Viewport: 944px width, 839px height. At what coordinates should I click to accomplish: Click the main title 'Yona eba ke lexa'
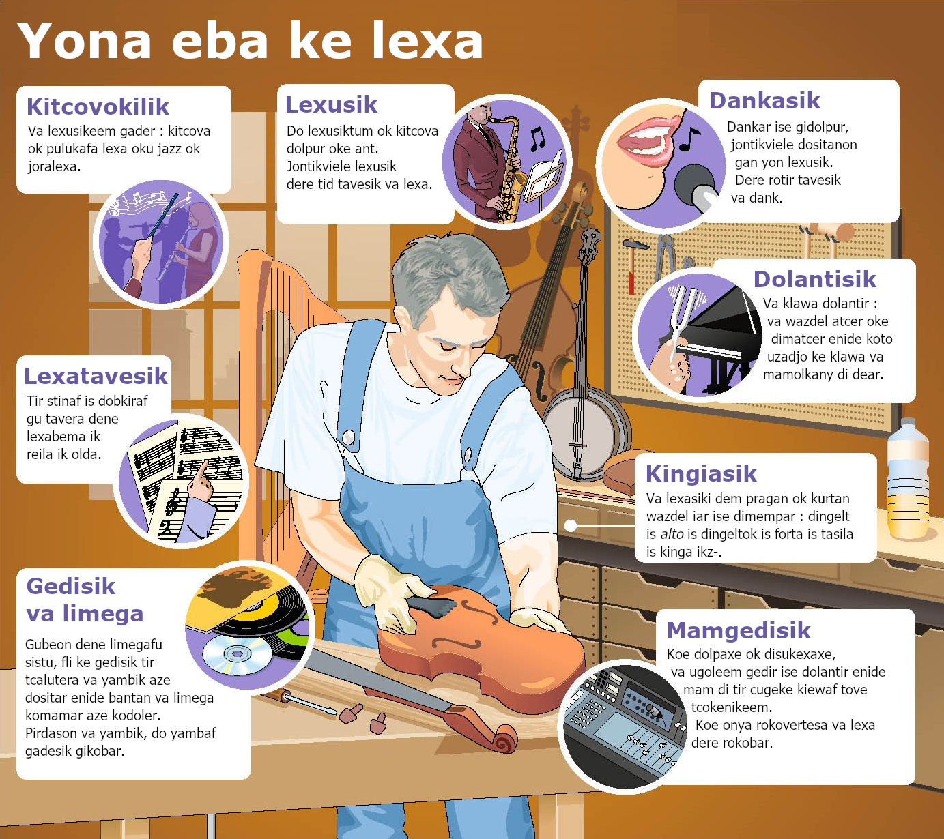(x=251, y=42)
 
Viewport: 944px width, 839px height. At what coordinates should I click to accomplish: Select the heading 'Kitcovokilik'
(x=98, y=106)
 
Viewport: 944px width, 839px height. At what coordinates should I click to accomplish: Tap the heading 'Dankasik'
(x=764, y=100)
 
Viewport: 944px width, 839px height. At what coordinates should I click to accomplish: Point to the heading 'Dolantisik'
(x=814, y=280)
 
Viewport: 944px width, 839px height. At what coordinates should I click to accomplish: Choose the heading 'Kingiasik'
(x=701, y=474)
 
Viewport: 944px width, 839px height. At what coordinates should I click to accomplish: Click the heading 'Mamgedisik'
(x=739, y=631)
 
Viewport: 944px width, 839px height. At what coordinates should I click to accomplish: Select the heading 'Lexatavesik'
(x=96, y=377)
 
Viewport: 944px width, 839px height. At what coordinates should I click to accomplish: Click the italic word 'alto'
(x=672, y=534)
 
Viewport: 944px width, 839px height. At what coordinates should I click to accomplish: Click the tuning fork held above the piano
(x=678, y=321)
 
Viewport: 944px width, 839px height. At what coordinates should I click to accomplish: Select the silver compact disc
(x=238, y=653)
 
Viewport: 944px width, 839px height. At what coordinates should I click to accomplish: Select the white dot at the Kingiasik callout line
(x=571, y=526)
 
